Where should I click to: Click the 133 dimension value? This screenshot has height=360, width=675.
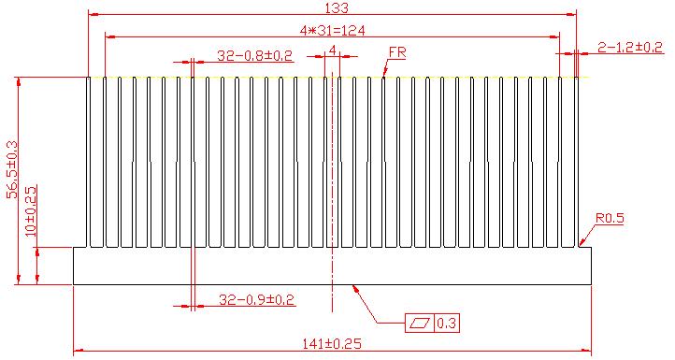[337, 7]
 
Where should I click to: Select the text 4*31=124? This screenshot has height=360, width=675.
[332, 31]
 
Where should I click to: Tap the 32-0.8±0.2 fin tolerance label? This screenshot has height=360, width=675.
[255, 55]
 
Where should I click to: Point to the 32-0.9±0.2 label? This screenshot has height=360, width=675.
[257, 299]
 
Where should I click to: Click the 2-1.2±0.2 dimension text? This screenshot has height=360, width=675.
[630, 47]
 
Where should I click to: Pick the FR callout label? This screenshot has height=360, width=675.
[397, 52]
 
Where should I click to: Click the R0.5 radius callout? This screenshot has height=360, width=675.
[610, 218]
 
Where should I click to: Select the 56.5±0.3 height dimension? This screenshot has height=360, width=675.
[12, 169]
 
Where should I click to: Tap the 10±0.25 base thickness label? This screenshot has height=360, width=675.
[31, 211]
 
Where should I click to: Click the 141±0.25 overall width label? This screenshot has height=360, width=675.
[332, 344]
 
